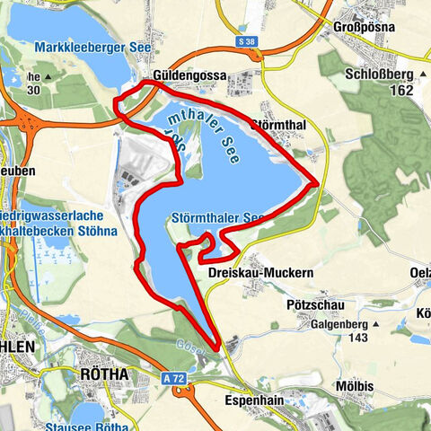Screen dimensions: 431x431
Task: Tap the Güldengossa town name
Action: click(186, 76)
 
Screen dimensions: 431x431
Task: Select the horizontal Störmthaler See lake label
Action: click(215, 217)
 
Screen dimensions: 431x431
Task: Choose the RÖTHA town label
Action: click(104, 374)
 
